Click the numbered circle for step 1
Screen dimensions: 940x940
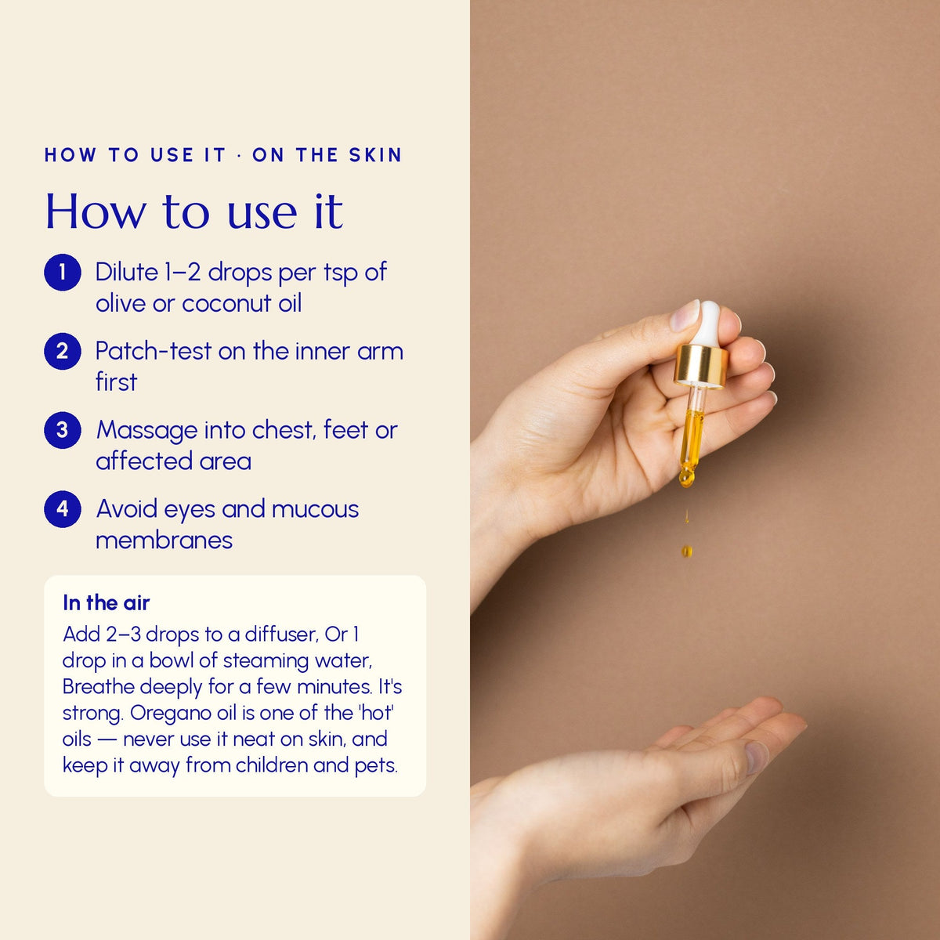point(63,272)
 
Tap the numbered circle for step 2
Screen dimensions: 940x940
point(63,351)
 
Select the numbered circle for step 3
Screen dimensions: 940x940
point(63,430)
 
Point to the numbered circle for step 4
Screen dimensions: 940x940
point(63,509)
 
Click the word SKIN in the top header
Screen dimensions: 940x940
point(375,155)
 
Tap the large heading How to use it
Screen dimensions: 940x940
point(194,211)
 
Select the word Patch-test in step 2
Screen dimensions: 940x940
point(154,351)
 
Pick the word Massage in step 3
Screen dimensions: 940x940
point(146,431)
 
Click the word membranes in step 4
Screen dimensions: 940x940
point(164,540)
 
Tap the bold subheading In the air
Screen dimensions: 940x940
point(106,603)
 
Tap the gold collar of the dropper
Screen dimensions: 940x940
point(701,365)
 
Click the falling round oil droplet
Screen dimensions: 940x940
point(686,551)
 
